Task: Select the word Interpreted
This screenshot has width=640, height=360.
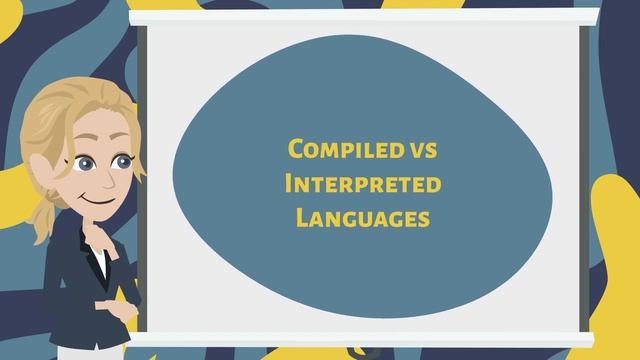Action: coord(362,184)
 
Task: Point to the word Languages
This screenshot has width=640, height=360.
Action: coord(362,216)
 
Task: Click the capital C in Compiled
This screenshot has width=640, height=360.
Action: coord(296,150)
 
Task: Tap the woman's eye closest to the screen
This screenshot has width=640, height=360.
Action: coord(122,160)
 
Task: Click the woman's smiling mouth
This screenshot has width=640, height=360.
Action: coord(99,198)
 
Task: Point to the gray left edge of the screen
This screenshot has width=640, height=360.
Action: coord(141,190)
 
